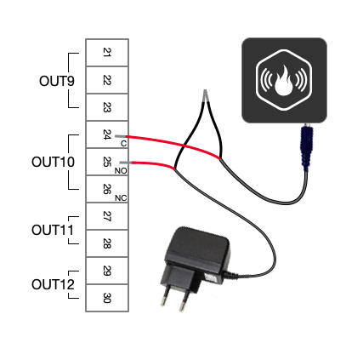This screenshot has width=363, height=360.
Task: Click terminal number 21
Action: click(107, 53)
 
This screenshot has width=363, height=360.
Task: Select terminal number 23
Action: click(107, 107)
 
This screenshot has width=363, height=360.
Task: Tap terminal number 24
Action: click(107, 134)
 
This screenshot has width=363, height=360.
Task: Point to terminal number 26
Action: click(107, 189)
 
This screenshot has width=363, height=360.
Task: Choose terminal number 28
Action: click(107, 243)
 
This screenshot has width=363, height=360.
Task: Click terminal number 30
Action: click(107, 298)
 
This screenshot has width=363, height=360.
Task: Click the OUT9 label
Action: click(57, 81)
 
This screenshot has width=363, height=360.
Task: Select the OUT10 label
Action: click(53, 162)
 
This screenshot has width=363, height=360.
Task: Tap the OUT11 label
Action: click(53, 230)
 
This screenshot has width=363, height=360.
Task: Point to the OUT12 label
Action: click(53, 284)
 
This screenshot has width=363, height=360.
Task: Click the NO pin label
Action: click(121, 171)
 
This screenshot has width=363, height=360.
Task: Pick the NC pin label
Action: click(121, 198)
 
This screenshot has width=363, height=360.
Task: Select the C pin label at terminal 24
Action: click(123, 144)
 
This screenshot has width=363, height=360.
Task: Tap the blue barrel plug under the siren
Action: click(306, 147)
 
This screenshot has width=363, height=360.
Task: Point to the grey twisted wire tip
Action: click(206, 95)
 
